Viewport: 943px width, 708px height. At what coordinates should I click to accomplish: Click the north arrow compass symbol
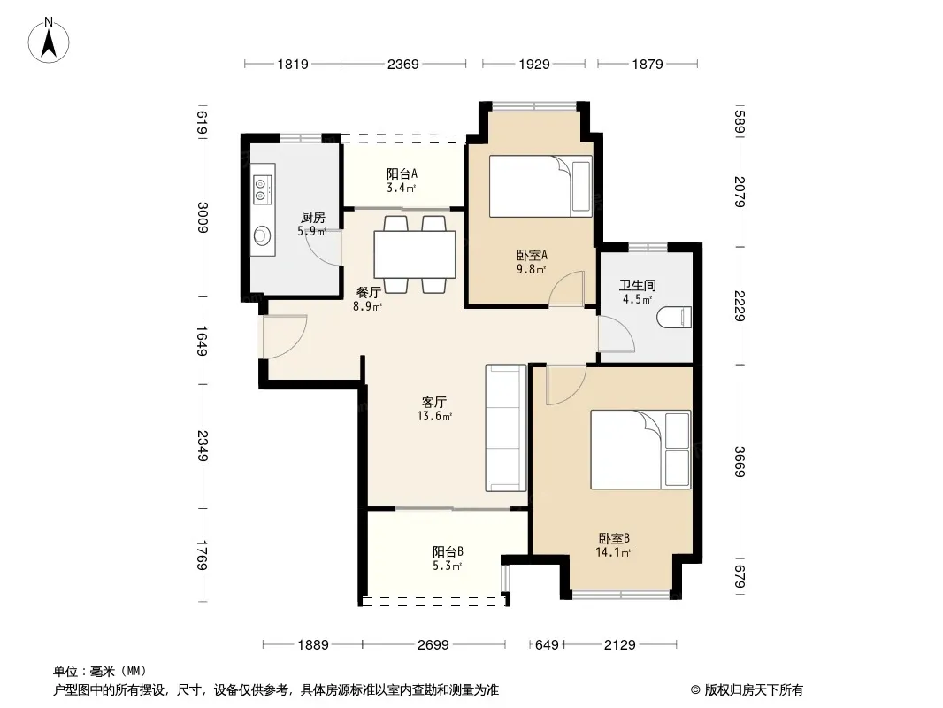pyautogui.click(x=49, y=41)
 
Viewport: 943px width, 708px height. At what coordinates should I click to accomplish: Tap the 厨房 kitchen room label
pyautogui.click(x=313, y=217)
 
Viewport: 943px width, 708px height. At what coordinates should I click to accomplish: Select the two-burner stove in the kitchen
pyautogui.click(x=262, y=189)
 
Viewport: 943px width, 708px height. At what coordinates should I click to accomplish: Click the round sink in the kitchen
pyautogui.click(x=262, y=235)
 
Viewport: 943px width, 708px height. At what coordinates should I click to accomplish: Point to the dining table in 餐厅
pyautogui.click(x=414, y=255)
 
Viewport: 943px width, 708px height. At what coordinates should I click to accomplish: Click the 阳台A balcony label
pyautogui.click(x=401, y=173)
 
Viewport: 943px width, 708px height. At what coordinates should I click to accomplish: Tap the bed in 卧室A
pyautogui.click(x=540, y=187)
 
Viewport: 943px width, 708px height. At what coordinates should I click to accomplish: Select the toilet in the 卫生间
pyautogui.click(x=675, y=317)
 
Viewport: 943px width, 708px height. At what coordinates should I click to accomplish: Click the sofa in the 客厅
pyautogui.click(x=506, y=427)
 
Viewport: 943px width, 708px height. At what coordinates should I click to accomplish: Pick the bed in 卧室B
pyautogui.click(x=640, y=450)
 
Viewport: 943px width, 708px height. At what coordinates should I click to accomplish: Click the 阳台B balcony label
pyautogui.click(x=448, y=551)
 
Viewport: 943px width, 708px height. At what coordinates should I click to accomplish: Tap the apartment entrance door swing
pyautogui.click(x=285, y=337)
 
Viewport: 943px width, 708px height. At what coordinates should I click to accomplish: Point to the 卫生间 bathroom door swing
pyautogui.click(x=617, y=332)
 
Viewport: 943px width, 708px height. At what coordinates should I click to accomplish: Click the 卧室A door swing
pyautogui.click(x=567, y=289)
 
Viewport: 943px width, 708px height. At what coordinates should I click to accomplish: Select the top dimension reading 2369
pyautogui.click(x=402, y=64)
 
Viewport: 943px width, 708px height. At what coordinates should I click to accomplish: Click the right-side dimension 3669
pyautogui.click(x=740, y=462)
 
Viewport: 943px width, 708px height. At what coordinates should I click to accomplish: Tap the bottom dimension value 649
pyautogui.click(x=547, y=645)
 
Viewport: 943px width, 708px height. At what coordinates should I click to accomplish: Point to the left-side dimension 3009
pyautogui.click(x=203, y=218)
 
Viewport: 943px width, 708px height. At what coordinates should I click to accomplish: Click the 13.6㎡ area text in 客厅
pyautogui.click(x=434, y=416)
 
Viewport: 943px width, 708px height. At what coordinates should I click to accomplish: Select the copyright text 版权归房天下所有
pyautogui.click(x=754, y=690)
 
